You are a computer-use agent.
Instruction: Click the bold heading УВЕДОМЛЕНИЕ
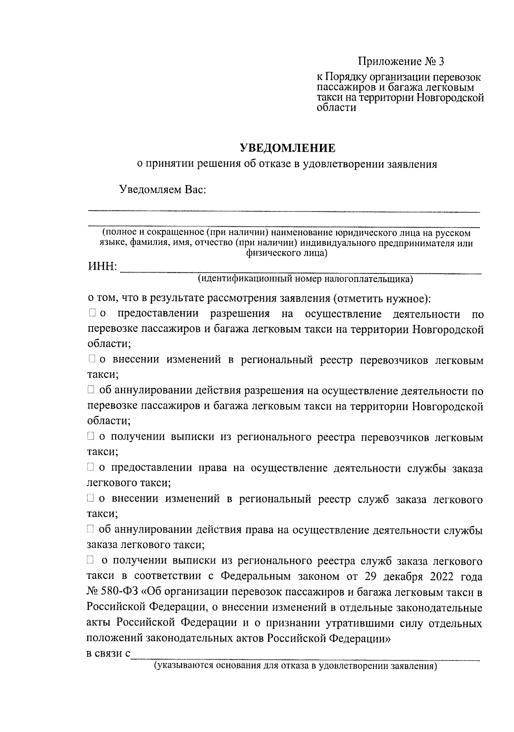tap(287, 148)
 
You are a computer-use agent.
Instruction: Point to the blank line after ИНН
tap(300, 270)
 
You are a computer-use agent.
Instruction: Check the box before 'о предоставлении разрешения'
tap(92, 314)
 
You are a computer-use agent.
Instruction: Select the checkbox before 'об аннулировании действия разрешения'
tap(91, 390)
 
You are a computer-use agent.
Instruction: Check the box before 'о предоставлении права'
tap(91, 468)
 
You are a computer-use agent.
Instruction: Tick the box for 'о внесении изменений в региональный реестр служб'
tap(91, 498)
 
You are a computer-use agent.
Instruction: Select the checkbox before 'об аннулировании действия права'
tap(91, 530)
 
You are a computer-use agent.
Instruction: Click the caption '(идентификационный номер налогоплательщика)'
tap(305, 280)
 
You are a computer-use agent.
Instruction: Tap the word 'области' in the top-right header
tap(336, 108)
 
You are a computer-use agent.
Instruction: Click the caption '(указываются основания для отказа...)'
tap(296, 666)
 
